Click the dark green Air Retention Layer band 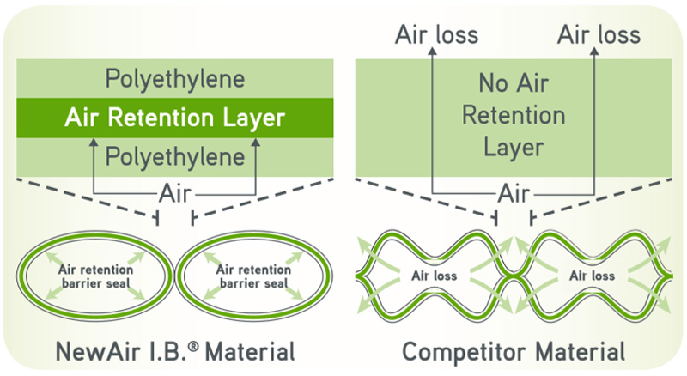coord(175,118)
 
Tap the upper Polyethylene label coord(175,80)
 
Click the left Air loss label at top coord(436,35)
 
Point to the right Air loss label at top coord(599,35)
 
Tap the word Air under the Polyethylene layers coord(176,192)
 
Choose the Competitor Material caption coord(514,351)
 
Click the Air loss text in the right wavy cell coord(592,276)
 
